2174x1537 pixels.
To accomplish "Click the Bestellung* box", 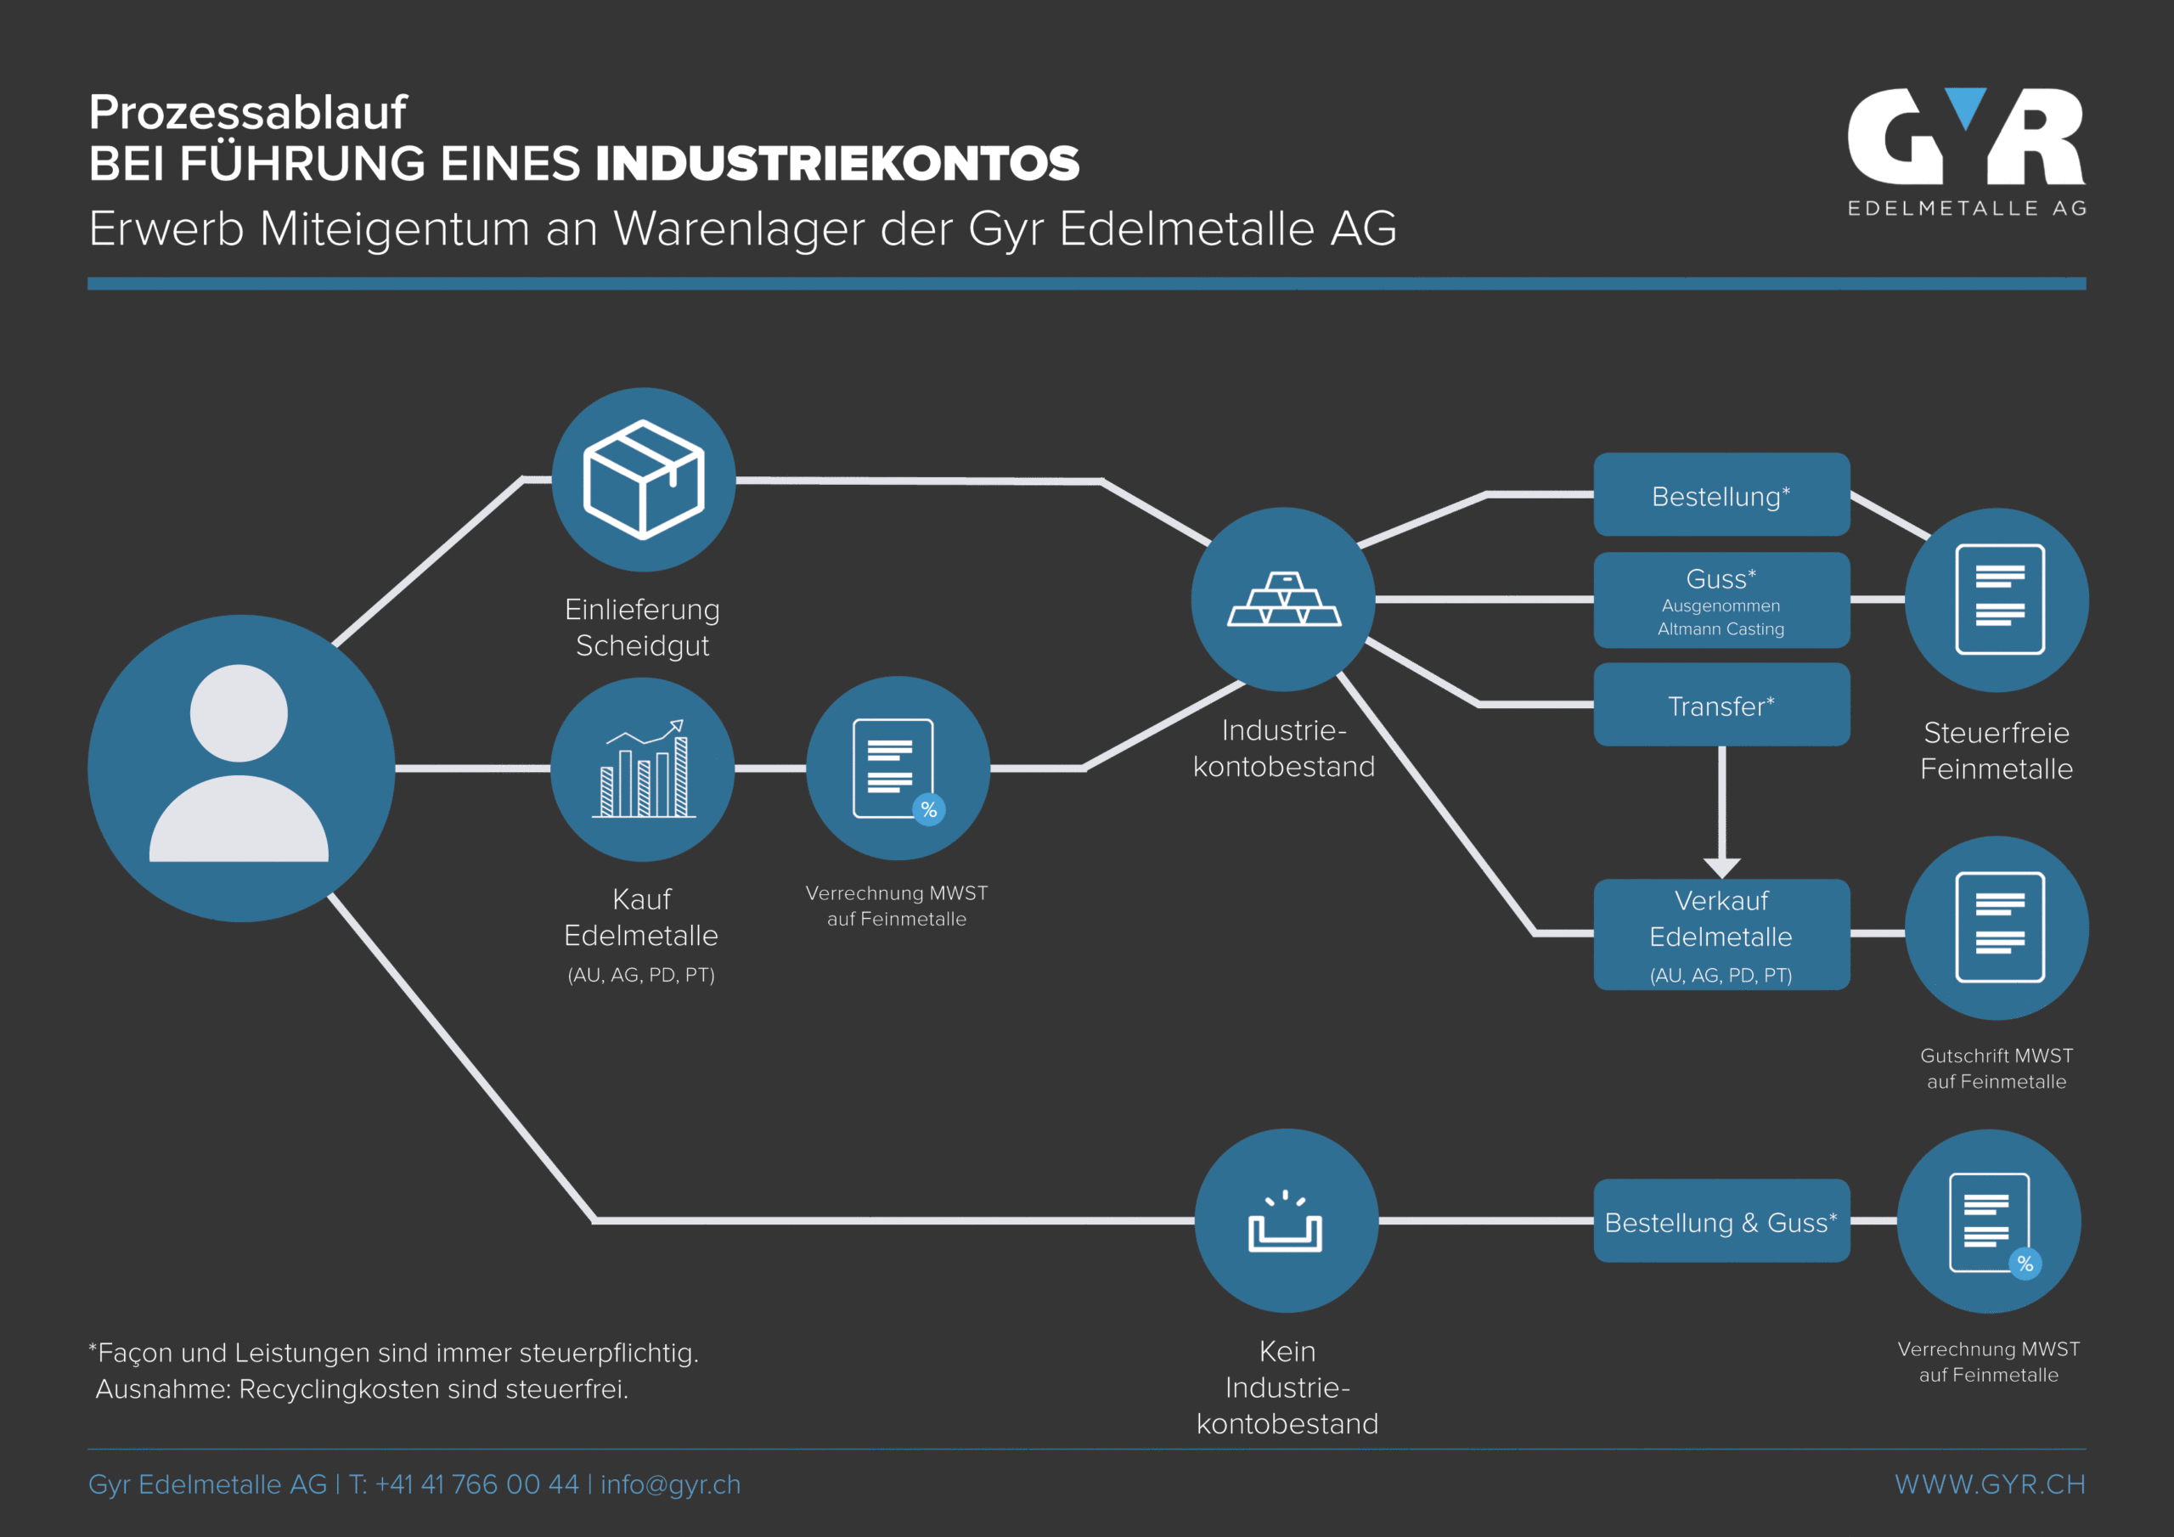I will pos(1721,495).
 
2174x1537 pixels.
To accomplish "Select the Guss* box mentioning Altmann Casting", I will pos(1721,600).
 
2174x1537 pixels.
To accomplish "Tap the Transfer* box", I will pos(1721,706).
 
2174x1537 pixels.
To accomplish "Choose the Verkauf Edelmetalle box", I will pos(1721,935).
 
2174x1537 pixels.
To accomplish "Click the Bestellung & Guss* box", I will pos(1721,1222).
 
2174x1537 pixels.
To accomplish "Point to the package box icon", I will pos(644,479).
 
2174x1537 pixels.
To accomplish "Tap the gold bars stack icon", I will pos(1284,600).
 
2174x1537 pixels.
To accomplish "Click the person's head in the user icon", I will pos(239,713).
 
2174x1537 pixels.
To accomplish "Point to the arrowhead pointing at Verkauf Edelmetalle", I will pos(1721,866).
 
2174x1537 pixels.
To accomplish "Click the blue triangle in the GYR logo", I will pos(1966,107).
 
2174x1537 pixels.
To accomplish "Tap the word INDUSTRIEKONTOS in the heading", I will pos(837,164).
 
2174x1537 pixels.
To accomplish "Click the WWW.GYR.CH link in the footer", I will pos(1990,1484).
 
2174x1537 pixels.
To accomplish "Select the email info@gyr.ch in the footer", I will pos(670,1484).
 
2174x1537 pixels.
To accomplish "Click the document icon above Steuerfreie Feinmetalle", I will pos(2000,600).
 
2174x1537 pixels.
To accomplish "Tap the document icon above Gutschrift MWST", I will pos(2000,927).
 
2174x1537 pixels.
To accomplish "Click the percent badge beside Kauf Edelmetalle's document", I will pos(929,810).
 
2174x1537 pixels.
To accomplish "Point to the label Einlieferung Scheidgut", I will pos(642,627).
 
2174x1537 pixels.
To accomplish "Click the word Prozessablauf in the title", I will pos(247,112).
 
